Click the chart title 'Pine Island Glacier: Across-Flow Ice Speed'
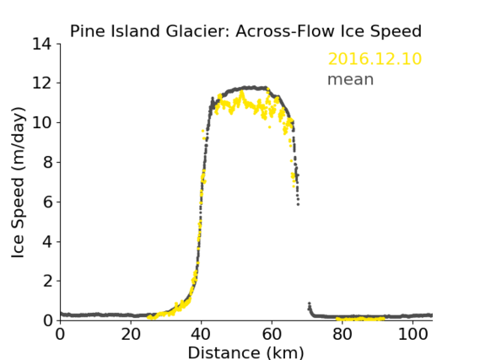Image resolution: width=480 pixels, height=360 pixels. [245, 31]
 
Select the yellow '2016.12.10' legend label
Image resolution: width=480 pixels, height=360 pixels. [375, 59]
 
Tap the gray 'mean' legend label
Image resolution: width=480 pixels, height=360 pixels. [351, 79]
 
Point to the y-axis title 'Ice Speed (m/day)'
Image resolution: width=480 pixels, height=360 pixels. [18, 182]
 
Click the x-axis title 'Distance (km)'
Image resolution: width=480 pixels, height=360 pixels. [245, 352]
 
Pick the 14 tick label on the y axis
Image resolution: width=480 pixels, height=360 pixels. [42, 44]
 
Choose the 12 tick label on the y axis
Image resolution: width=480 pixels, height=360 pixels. [42, 83]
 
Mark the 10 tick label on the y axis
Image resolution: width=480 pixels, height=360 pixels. [42, 122]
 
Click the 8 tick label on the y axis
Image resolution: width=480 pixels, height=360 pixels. [47, 163]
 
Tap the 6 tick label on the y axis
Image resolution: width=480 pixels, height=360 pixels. [47, 202]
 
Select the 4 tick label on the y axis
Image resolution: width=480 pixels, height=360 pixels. [47, 242]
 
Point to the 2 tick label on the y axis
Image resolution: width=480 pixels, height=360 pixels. [47, 281]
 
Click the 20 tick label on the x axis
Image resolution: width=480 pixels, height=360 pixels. [131, 334]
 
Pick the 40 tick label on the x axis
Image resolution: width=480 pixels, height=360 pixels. [202, 334]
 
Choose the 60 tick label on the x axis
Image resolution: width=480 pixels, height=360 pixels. [272, 334]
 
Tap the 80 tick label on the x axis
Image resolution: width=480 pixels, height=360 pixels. [342, 334]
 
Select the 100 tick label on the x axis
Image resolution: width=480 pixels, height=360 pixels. [413, 334]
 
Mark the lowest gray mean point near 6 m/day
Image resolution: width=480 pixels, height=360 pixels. [298, 204]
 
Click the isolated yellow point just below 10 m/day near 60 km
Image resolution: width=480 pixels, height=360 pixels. [269, 127]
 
